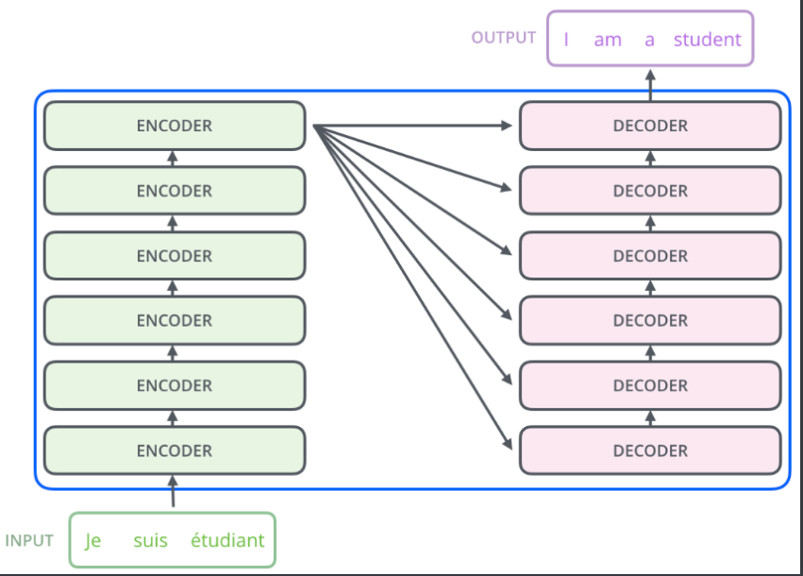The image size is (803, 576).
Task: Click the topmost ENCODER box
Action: [175, 126]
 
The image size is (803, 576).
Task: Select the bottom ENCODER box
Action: [175, 450]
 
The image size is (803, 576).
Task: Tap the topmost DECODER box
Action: [650, 126]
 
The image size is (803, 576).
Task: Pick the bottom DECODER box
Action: [650, 450]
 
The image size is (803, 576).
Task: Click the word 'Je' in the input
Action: [92, 541]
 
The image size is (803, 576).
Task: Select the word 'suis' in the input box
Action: [151, 541]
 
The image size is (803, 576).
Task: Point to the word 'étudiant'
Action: [227, 540]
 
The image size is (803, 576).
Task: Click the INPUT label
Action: [29, 541]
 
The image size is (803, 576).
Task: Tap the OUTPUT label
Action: [504, 38]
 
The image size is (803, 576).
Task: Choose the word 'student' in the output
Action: [708, 40]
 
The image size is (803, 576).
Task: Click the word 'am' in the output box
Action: [608, 40]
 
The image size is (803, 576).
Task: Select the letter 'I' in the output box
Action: [566, 40]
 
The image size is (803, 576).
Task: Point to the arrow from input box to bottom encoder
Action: [173, 491]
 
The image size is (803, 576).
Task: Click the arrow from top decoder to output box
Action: [650, 86]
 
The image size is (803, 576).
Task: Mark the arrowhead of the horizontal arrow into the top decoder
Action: [507, 126]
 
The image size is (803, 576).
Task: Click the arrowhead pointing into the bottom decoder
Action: [508, 444]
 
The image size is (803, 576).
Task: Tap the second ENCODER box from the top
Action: [175, 191]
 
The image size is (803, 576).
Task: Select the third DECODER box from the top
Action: [650, 256]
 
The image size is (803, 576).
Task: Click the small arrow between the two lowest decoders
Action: [650, 418]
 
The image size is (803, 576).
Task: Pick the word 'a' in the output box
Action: [649, 40]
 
